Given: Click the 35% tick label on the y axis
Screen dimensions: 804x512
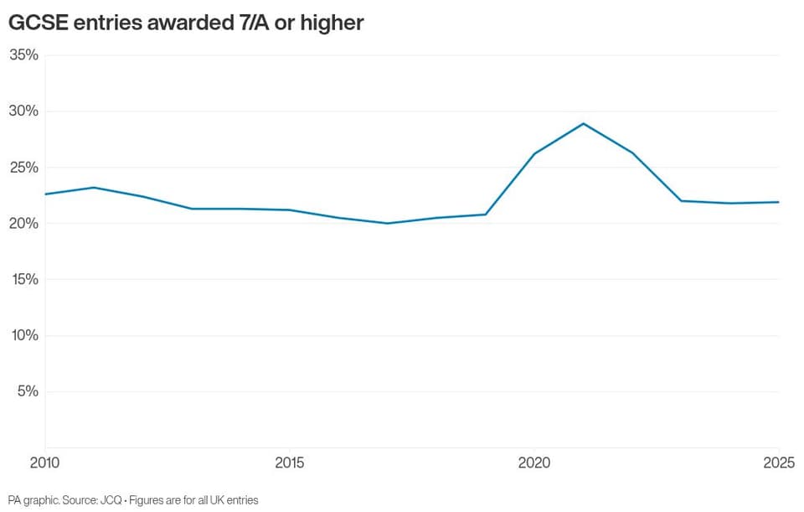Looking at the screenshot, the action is coord(23,55).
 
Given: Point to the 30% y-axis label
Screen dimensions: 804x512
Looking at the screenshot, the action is coord(23,111).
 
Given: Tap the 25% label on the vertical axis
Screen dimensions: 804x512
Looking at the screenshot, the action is coord(23,168).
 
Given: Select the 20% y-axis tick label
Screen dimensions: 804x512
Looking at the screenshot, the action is coord(23,223).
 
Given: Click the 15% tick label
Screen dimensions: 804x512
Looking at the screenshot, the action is coord(23,279).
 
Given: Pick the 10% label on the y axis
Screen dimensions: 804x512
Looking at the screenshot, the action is coord(23,335).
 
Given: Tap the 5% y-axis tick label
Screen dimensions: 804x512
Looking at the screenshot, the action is coord(28,391).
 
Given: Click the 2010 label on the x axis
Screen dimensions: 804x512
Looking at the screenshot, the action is coord(44,463).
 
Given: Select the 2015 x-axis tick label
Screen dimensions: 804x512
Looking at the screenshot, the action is coord(290,463).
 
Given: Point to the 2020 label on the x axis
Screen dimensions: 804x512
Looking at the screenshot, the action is coord(534,463).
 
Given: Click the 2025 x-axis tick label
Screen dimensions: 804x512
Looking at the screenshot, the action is coord(779,463).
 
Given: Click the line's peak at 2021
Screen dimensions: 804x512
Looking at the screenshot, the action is coord(584,124).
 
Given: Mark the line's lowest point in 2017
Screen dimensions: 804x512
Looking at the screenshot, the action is coord(388,223).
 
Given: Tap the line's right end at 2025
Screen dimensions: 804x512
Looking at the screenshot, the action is coord(779,202).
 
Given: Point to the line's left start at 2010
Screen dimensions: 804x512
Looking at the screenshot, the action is coord(45,194).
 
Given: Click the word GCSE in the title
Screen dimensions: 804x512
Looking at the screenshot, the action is coord(39,23).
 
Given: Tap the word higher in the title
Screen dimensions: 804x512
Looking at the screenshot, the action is coord(332,23).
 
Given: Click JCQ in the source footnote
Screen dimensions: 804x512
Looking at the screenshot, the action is coord(111,500).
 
